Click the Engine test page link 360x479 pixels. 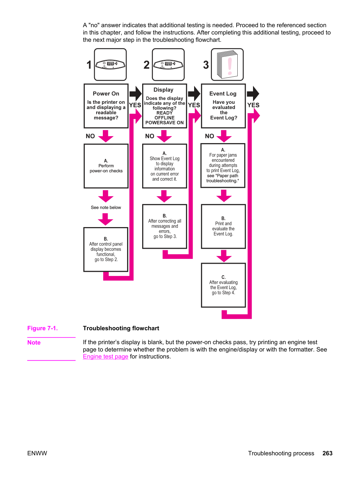[x=106, y=356]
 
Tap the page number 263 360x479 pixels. [x=327, y=453]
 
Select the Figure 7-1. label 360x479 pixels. [x=43, y=328]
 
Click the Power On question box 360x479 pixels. [x=106, y=106]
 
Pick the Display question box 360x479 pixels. [x=164, y=106]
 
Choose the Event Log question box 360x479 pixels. [x=223, y=106]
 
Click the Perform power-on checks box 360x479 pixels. [x=106, y=166]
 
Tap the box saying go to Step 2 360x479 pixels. [x=106, y=249]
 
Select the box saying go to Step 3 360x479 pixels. [x=164, y=226]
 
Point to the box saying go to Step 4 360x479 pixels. [x=223, y=285]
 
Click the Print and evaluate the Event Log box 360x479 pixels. [x=223, y=226]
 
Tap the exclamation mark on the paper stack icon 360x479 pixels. [x=230, y=66]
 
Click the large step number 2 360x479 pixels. [x=146, y=65]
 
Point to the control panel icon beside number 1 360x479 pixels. [x=110, y=64]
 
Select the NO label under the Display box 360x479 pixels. [x=150, y=136]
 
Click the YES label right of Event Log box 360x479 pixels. [x=253, y=105]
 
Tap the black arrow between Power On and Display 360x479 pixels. [x=136, y=94]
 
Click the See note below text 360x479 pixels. [x=106, y=207]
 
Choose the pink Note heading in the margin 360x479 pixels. [x=34, y=342]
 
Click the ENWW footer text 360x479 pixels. [x=37, y=453]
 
